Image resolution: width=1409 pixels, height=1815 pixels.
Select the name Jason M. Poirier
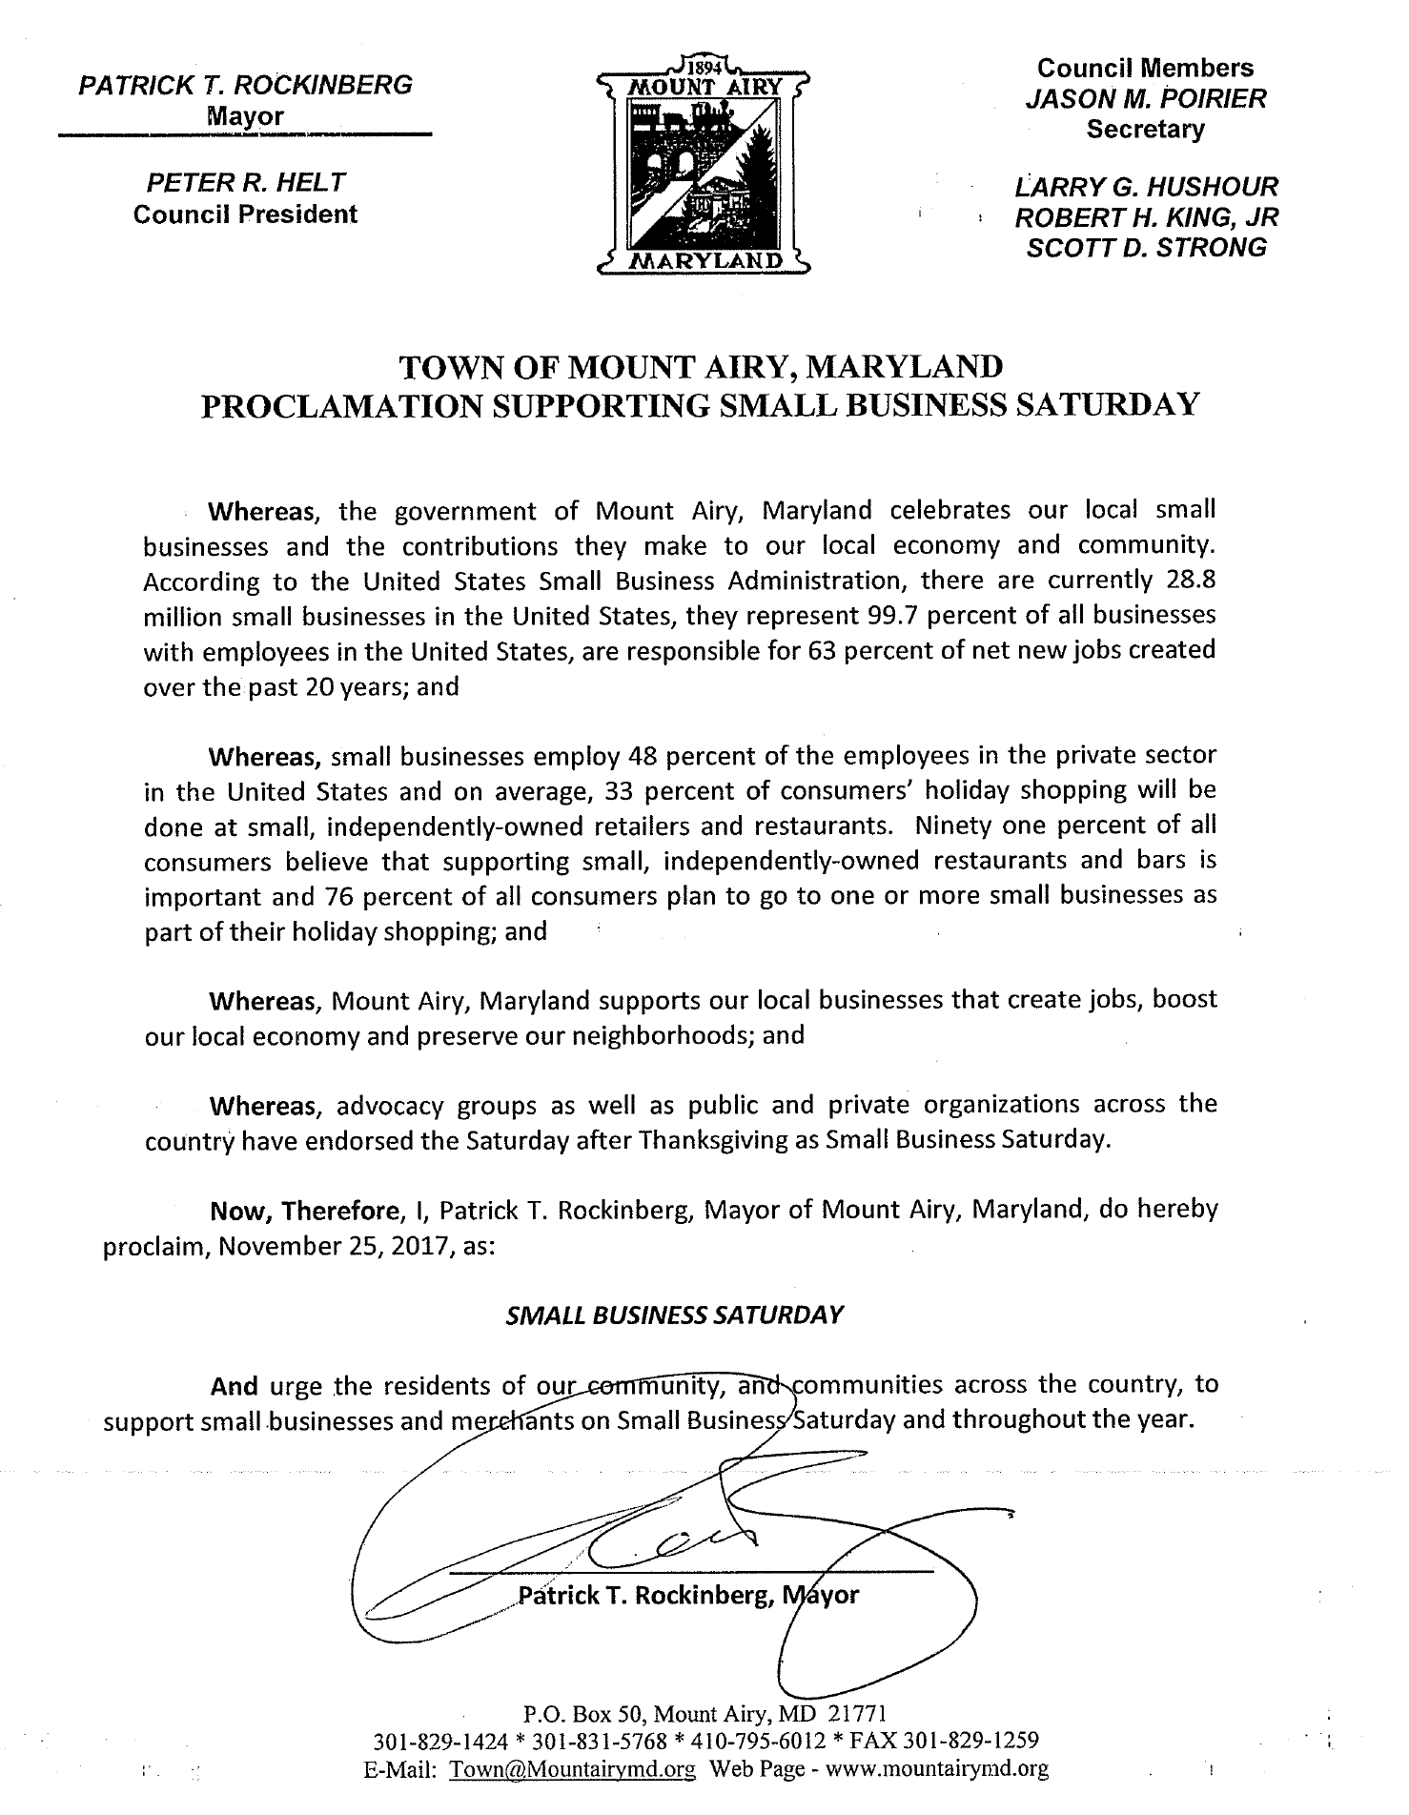tap(1146, 99)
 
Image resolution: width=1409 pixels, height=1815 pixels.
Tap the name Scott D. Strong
tap(1146, 247)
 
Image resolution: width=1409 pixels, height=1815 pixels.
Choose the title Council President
tap(245, 214)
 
